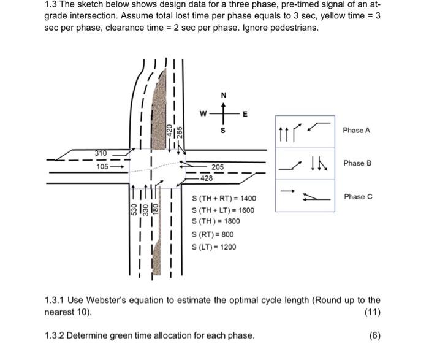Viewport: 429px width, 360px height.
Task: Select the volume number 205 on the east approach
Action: pyautogui.click(x=218, y=167)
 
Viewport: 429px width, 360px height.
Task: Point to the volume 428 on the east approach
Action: pyautogui.click(x=207, y=178)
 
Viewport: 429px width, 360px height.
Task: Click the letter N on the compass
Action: pyautogui.click(x=223, y=94)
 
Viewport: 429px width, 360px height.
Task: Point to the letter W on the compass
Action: pyautogui.click(x=202, y=113)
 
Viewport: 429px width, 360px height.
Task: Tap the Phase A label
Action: pyautogui.click(x=357, y=130)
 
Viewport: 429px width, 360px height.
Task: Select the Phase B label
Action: pyautogui.click(x=357, y=163)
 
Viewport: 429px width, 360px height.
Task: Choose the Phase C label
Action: pyautogui.click(x=358, y=196)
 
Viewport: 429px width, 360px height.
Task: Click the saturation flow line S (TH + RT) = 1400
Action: pyautogui.click(x=224, y=198)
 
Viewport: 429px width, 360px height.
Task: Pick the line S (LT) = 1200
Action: pyautogui.click(x=213, y=247)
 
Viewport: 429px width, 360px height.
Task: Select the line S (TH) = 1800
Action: pyautogui.click(x=216, y=221)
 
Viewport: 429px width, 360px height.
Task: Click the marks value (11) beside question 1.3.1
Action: pyautogui.click(x=373, y=312)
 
